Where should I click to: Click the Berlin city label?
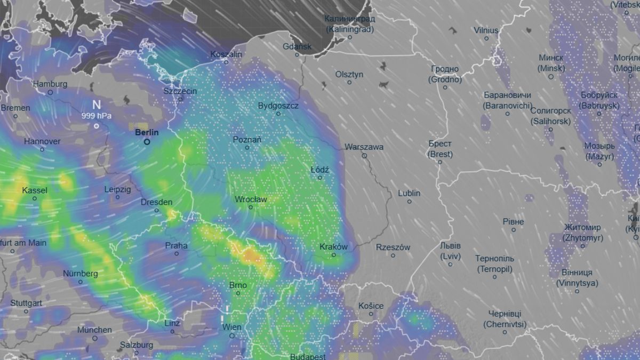147,132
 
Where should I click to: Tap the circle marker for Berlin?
147,142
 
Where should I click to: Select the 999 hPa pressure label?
96,115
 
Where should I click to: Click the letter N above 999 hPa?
96,105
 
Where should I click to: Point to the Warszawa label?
364,147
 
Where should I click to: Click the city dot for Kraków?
334,255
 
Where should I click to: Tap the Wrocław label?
251,199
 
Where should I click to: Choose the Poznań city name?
247,140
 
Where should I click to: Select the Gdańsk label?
297,46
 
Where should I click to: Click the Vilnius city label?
486,30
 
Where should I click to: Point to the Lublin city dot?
409,202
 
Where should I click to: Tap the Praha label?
176,246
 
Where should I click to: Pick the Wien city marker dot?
232,335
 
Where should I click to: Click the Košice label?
371,306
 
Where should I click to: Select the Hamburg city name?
50,84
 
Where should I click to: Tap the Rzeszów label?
393,247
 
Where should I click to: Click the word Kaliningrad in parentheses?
350,29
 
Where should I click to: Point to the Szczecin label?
180,91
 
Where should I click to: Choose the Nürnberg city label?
81,274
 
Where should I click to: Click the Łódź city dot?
320,178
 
